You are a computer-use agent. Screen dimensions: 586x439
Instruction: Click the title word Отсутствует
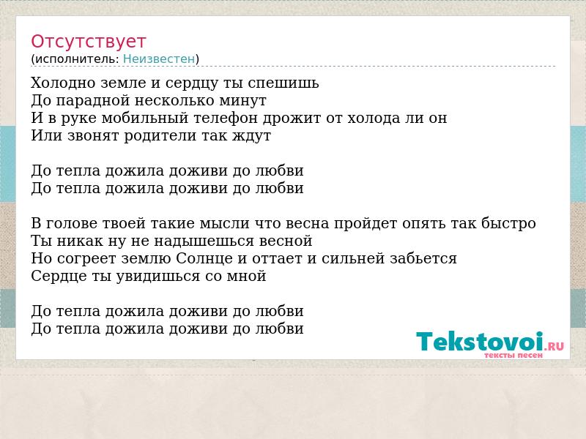coord(88,42)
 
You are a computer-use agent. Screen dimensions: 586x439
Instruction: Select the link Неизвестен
coord(159,59)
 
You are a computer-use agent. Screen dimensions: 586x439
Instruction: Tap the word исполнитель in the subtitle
coord(77,59)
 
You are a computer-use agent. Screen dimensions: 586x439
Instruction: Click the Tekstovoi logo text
coord(489,342)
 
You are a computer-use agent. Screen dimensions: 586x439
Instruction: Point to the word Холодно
coord(64,83)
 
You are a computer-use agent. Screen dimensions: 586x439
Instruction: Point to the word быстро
coord(508,223)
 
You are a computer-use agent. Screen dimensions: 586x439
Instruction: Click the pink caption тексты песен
coord(513,355)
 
